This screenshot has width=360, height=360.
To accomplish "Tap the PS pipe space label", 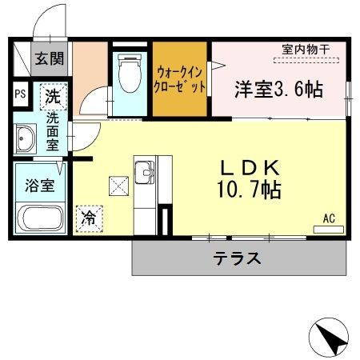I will [x=20, y=93].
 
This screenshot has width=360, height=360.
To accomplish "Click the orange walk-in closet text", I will [x=181, y=78].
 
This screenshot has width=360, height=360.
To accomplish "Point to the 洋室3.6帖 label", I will [x=278, y=89].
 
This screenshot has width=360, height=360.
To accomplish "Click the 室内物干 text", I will [x=306, y=50].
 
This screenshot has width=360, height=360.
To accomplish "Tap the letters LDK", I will [x=250, y=168].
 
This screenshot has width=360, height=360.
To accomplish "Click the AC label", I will [x=329, y=218].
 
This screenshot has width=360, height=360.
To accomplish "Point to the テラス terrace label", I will [x=237, y=258].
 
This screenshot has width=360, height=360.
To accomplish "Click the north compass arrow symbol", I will [x=330, y=338].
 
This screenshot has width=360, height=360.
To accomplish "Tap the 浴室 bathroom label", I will [x=38, y=186].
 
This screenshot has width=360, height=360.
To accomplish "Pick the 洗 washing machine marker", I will [x=52, y=96].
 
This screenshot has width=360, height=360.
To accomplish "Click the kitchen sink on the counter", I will [x=146, y=172].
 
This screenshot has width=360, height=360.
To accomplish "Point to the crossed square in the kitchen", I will [x=118, y=186].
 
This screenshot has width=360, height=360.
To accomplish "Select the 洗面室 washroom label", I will [x=53, y=131].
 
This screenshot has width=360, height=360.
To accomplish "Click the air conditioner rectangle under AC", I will [x=328, y=229].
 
